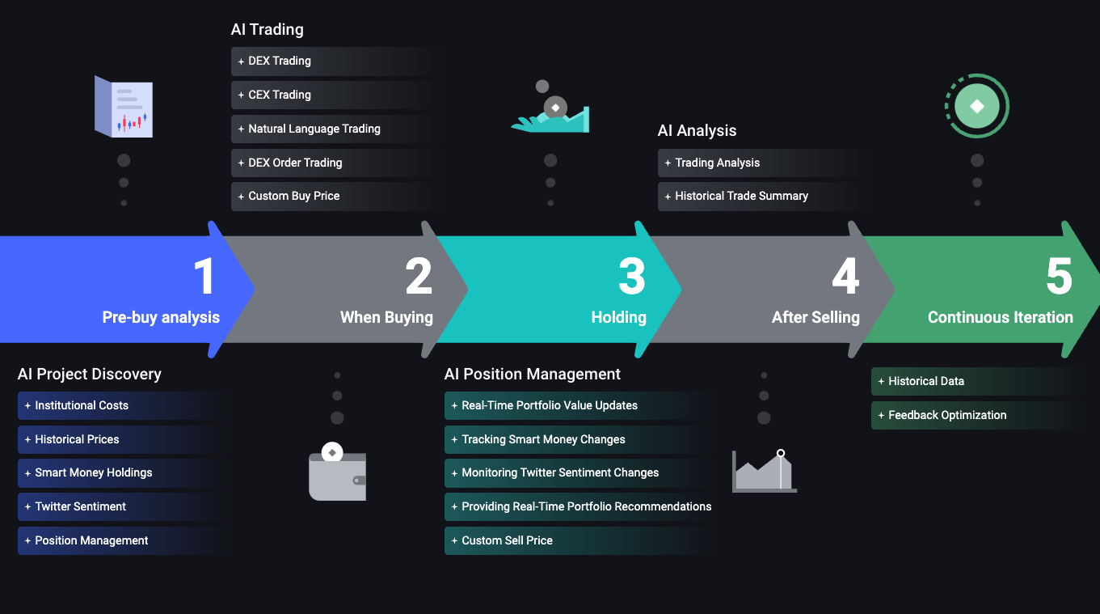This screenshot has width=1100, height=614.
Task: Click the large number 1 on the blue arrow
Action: tap(205, 277)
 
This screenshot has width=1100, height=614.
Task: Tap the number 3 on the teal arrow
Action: tap(632, 277)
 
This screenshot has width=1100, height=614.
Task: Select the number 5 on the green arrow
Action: tap(1059, 277)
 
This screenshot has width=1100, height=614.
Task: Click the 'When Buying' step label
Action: tap(386, 318)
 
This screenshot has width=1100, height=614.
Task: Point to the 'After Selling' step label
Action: tap(816, 318)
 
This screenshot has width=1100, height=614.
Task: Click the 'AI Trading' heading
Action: tap(268, 30)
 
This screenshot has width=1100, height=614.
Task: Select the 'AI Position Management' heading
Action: tap(533, 375)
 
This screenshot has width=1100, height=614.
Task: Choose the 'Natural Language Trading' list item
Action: tap(314, 129)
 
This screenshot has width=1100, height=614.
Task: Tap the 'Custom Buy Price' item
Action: tap(293, 196)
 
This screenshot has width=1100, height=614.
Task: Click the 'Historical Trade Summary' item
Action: tap(741, 196)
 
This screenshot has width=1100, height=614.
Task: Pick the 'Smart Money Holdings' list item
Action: tap(93, 472)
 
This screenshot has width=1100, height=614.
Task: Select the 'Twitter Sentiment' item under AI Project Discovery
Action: tap(80, 506)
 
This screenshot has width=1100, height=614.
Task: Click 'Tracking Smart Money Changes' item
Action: tap(543, 439)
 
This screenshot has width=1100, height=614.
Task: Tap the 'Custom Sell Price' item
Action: tap(507, 540)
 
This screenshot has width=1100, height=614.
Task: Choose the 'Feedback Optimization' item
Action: tap(947, 415)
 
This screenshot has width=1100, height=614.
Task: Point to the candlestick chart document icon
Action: tap(124, 107)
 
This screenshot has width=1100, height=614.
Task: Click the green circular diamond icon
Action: tap(977, 106)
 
